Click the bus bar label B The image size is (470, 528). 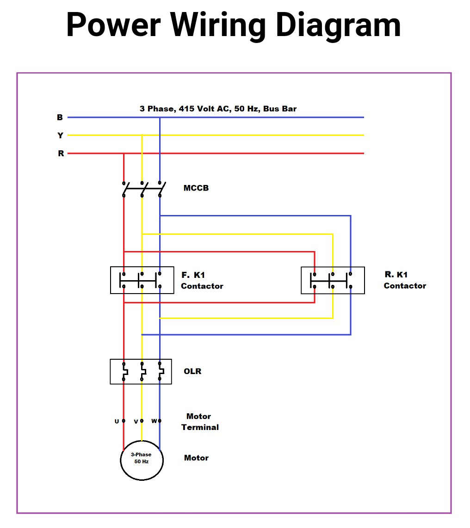(x=60, y=117)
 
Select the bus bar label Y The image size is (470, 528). (x=60, y=135)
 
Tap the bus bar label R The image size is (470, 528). (x=61, y=153)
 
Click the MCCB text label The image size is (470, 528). (x=196, y=188)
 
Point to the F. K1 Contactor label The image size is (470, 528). (x=202, y=281)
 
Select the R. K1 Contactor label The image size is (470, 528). (x=404, y=280)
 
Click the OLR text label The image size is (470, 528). (x=192, y=371)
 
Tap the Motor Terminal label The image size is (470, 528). (x=199, y=422)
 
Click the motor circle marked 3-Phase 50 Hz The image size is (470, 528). (x=142, y=460)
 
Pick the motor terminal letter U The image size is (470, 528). (x=117, y=421)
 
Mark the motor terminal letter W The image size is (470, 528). (x=154, y=421)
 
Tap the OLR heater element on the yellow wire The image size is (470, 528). (x=142, y=371)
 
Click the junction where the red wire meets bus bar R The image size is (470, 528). (x=124, y=153)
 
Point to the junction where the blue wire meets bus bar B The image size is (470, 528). (x=160, y=117)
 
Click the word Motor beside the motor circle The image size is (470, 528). (x=196, y=458)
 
